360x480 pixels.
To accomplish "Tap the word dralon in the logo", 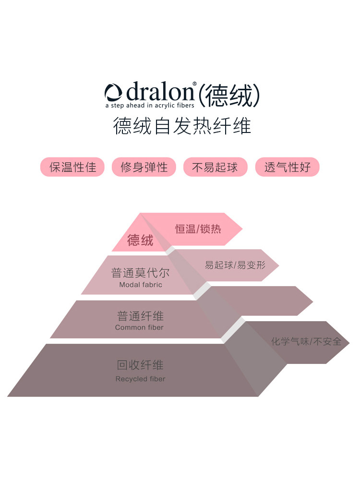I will [158, 92].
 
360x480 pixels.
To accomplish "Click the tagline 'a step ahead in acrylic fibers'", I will [150, 105].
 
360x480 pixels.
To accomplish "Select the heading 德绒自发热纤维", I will [182, 127].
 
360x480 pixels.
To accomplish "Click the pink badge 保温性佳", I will [72, 167].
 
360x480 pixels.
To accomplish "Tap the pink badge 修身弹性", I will [144, 167].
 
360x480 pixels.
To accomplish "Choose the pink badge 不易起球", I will [215, 167].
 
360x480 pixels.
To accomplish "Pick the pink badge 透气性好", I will [287, 167].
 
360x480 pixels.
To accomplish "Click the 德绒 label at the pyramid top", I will [140, 240].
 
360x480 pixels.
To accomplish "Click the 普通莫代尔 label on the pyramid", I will [140, 273].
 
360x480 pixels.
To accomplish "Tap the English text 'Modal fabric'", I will [141, 285].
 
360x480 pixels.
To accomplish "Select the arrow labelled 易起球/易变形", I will [235, 265].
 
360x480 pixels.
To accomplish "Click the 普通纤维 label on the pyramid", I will [140, 316].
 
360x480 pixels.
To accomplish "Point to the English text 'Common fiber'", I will [139, 327].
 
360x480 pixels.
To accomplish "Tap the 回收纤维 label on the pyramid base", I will [140, 365].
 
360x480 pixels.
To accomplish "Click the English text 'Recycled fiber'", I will [140, 379].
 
